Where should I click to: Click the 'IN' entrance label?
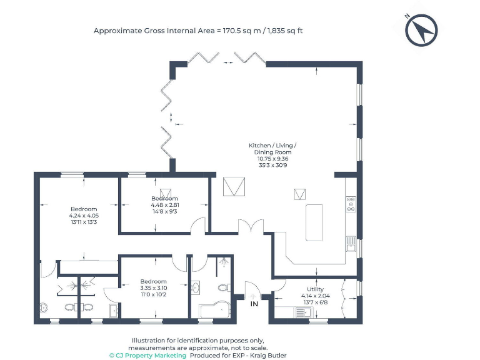[x=254, y=303]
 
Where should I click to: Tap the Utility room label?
[x=316, y=289]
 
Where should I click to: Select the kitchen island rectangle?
[x=314, y=222]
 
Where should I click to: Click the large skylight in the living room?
[x=234, y=186]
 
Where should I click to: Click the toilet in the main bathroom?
[x=224, y=288]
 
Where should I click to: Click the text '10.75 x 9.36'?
[x=275, y=158]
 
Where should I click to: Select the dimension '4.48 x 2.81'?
[x=165, y=205]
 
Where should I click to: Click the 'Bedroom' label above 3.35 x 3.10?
[x=153, y=281]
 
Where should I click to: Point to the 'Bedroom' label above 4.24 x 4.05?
[x=83, y=209]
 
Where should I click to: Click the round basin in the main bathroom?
[x=195, y=288]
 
